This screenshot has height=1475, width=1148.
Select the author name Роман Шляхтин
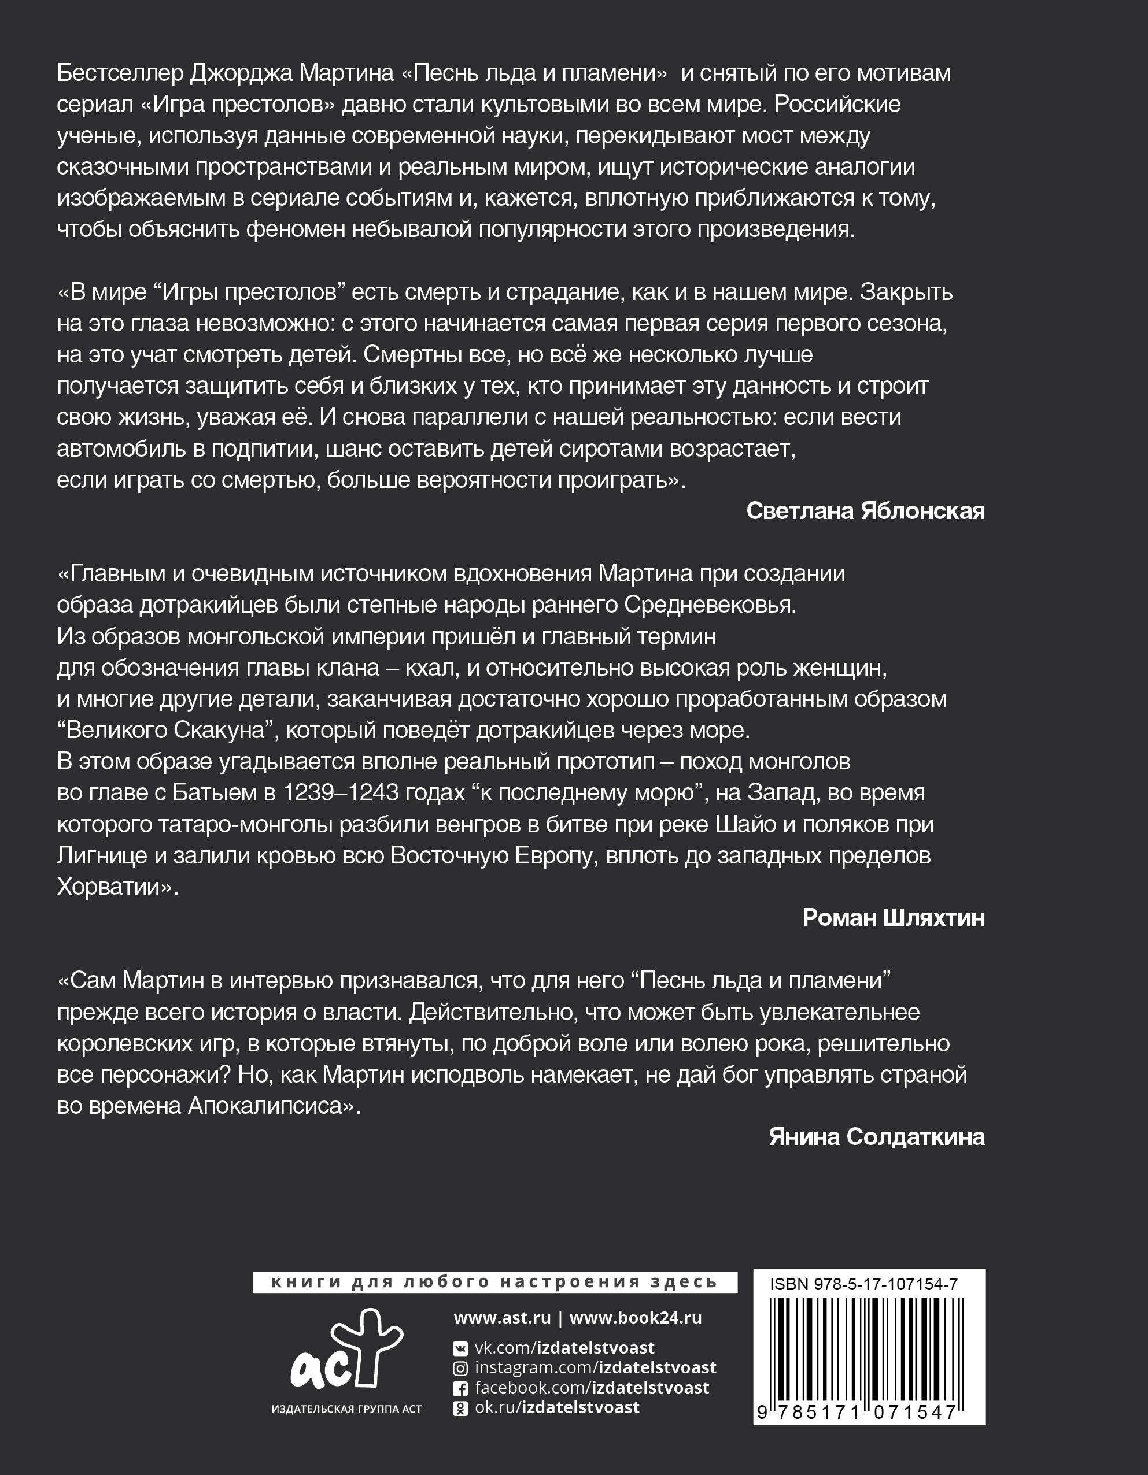[894, 918]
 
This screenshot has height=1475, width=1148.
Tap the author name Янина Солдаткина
[876, 1137]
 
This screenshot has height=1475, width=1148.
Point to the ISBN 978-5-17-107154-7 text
[863, 1284]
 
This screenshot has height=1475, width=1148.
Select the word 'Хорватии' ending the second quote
[108, 887]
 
